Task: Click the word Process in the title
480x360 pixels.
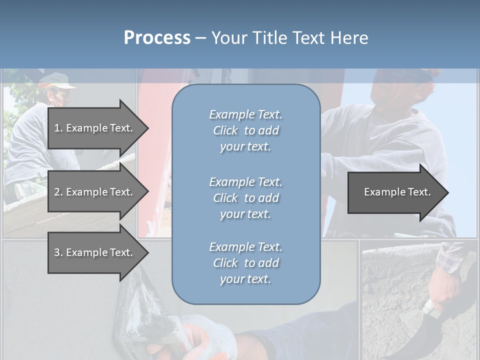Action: click(x=157, y=38)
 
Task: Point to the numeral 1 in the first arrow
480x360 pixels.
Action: click(x=57, y=128)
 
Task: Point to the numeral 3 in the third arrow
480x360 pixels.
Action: click(x=57, y=252)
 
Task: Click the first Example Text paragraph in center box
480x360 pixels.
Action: click(x=245, y=130)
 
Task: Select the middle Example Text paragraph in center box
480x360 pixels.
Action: click(x=245, y=198)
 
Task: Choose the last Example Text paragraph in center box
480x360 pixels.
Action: click(x=245, y=263)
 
